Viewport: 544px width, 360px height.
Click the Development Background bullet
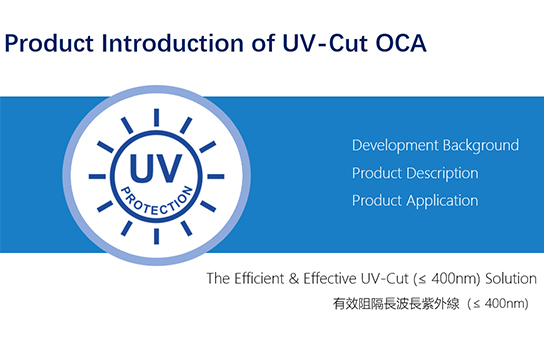435,145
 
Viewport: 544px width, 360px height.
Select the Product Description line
414,173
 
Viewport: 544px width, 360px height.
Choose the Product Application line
414,200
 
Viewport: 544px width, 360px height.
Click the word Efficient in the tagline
261,276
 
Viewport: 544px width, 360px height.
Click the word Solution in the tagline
510,276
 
